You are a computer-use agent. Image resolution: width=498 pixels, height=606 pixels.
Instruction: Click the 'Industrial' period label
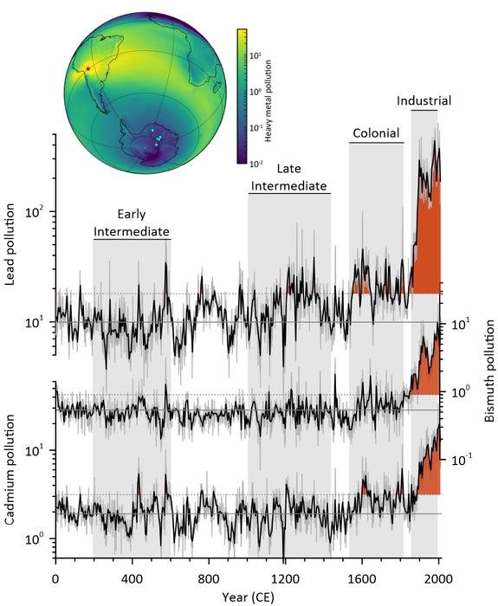click(424, 101)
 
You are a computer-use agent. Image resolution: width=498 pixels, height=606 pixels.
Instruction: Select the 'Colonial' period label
click(376, 133)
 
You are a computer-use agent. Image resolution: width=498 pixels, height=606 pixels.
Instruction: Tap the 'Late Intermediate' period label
click(289, 177)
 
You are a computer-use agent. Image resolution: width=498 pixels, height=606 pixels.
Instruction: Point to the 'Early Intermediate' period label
click(131, 222)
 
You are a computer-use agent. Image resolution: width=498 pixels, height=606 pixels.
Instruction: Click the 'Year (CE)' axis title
click(246, 596)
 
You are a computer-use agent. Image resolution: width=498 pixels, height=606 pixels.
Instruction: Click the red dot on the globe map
click(87, 69)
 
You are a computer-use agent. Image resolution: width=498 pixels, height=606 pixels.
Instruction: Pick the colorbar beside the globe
click(242, 96)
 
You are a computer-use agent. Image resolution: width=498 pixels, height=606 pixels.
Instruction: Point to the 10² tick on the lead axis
click(41, 212)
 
